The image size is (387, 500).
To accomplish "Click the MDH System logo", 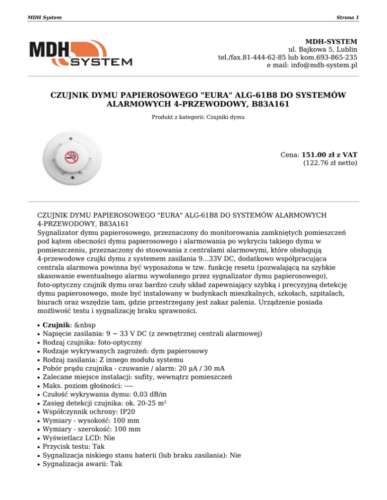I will (x=81, y=53).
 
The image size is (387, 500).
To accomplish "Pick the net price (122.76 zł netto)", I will (x=330, y=163).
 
